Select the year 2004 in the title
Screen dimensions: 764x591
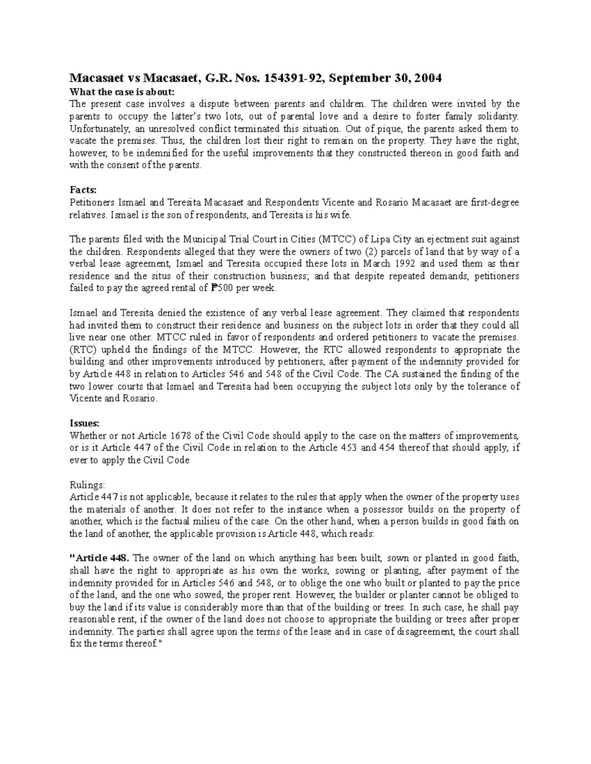[428, 78]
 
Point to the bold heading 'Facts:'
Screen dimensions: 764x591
[83, 190]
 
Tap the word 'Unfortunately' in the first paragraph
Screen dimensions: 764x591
[98, 129]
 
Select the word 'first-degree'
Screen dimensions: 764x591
[494, 202]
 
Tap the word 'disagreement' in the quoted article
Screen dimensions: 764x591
[427, 632]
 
